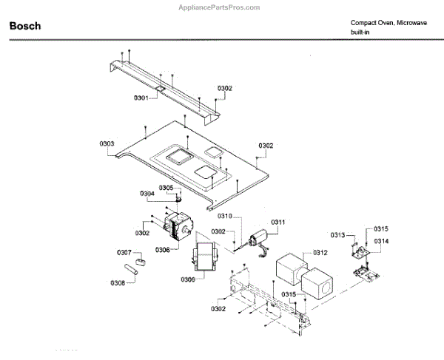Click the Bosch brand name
pyautogui.click(x=25, y=27)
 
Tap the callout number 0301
pyautogui.click(x=141, y=98)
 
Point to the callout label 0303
pyautogui.click(x=107, y=143)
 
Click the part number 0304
pyautogui.click(x=147, y=194)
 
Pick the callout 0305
pyautogui.click(x=166, y=188)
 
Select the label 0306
pyautogui.click(x=163, y=250)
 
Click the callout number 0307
pyautogui.click(x=124, y=253)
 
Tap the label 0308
pyautogui.click(x=118, y=282)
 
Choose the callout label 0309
pyautogui.click(x=188, y=279)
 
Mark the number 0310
pyautogui.click(x=225, y=216)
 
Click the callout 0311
pyautogui.click(x=277, y=223)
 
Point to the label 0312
pyautogui.click(x=320, y=252)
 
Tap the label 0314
pyautogui.click(x=381, y=242)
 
